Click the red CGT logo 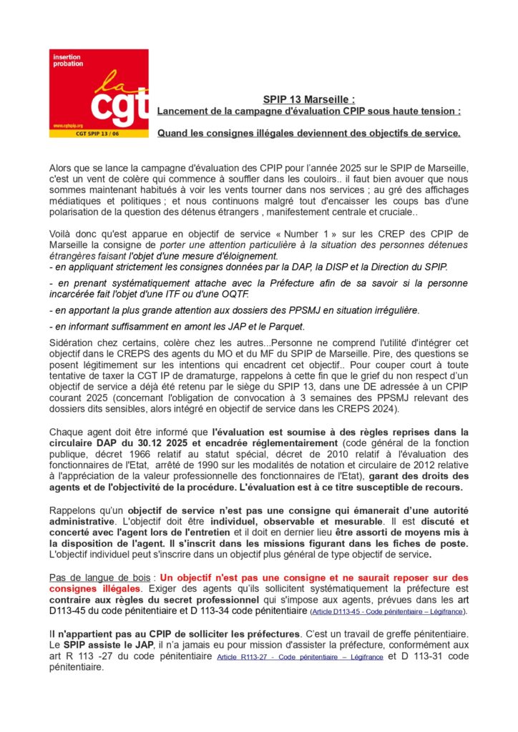99,92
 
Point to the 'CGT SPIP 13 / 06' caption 99,133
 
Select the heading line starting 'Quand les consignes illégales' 308,133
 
